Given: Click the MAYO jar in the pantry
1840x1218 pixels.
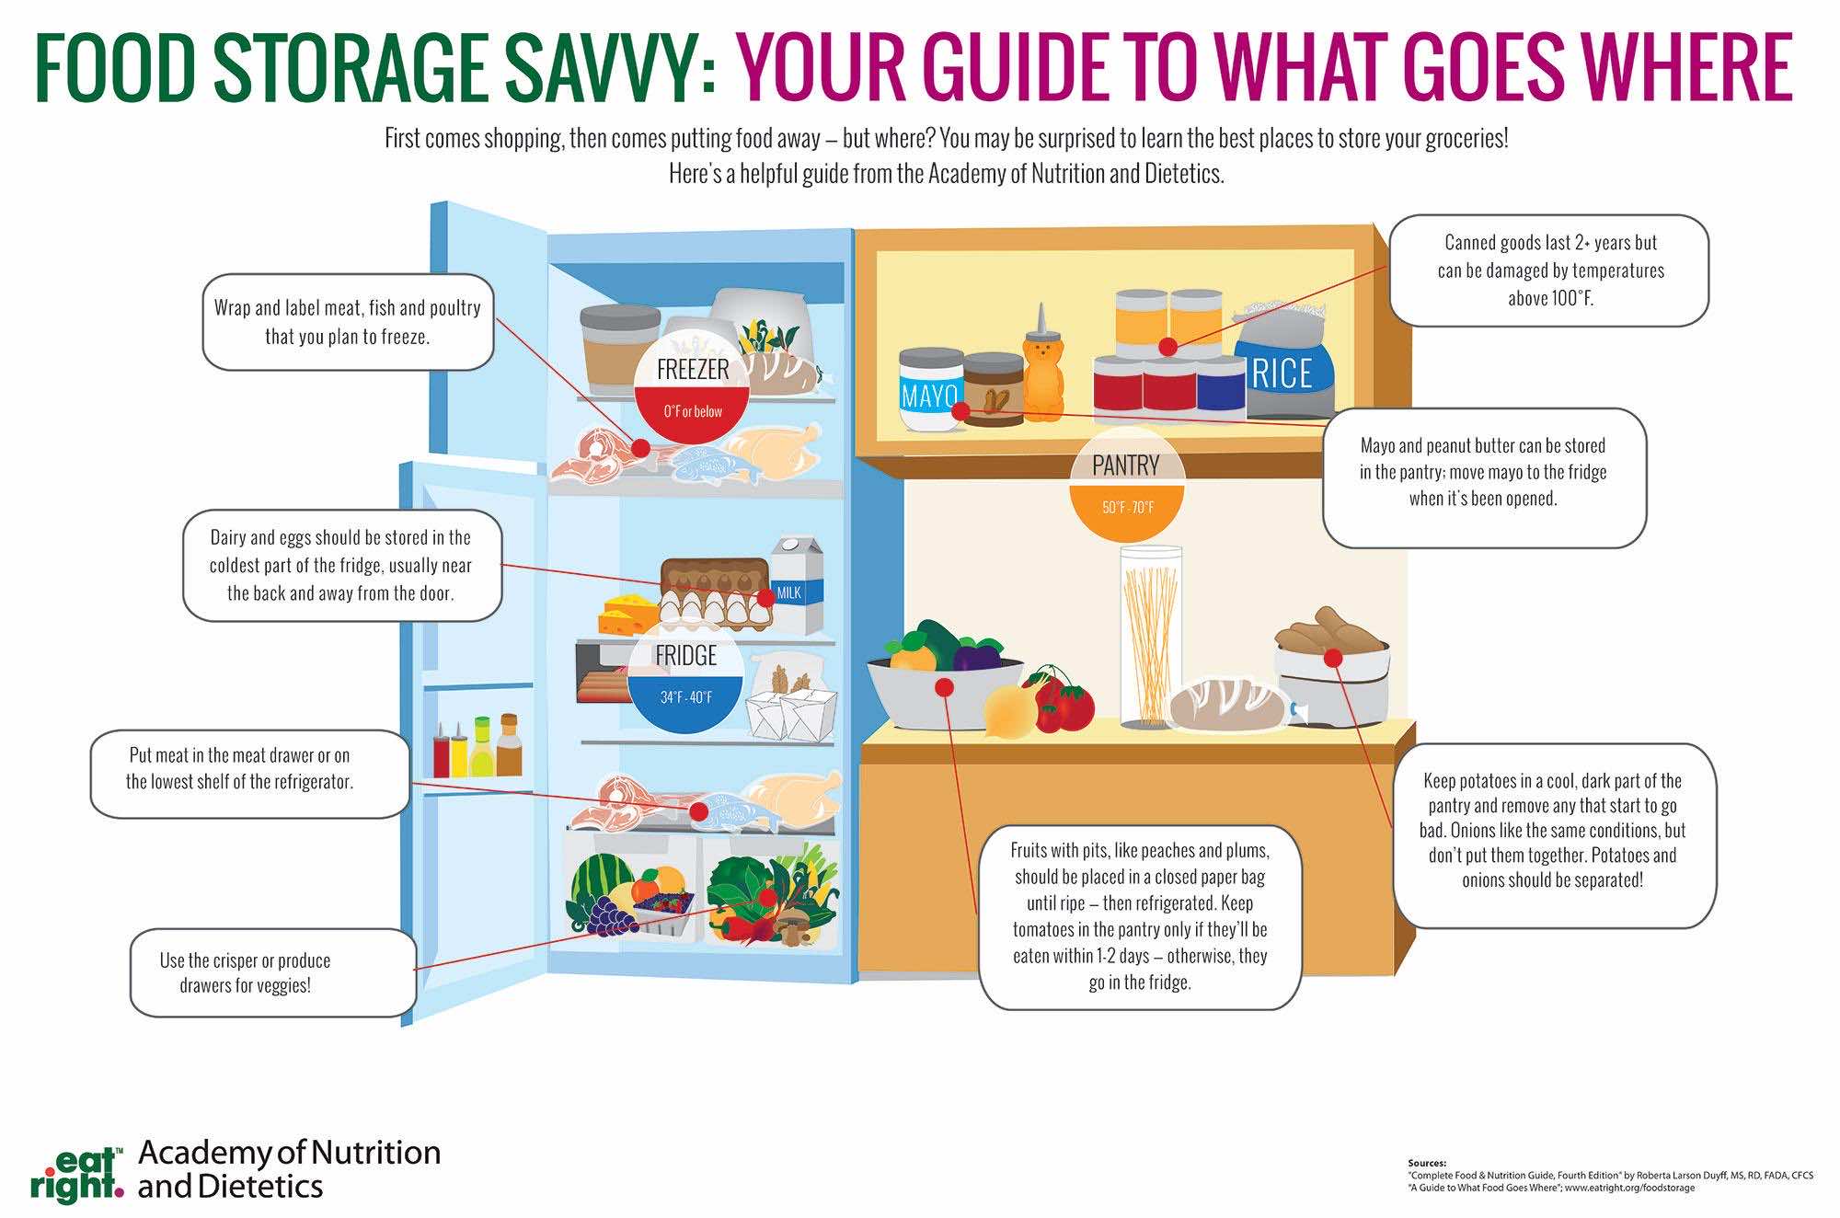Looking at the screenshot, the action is (x=931, y=390).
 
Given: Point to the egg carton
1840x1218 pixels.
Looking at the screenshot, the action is (x=714, y=593).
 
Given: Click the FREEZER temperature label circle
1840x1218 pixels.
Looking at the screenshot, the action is (x=693, y=386).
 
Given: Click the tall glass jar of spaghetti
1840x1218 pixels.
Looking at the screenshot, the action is (x=1150, y=636).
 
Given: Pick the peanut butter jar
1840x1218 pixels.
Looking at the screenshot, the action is (x=993, y=389).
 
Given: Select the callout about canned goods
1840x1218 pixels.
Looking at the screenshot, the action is (x=1549, y=270).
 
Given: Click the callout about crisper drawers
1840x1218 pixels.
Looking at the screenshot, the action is (x=273, y=973).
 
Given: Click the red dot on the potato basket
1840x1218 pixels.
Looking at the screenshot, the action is (x=1331, y=658).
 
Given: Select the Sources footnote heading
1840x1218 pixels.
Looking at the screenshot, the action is (x=1427, y=1163).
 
